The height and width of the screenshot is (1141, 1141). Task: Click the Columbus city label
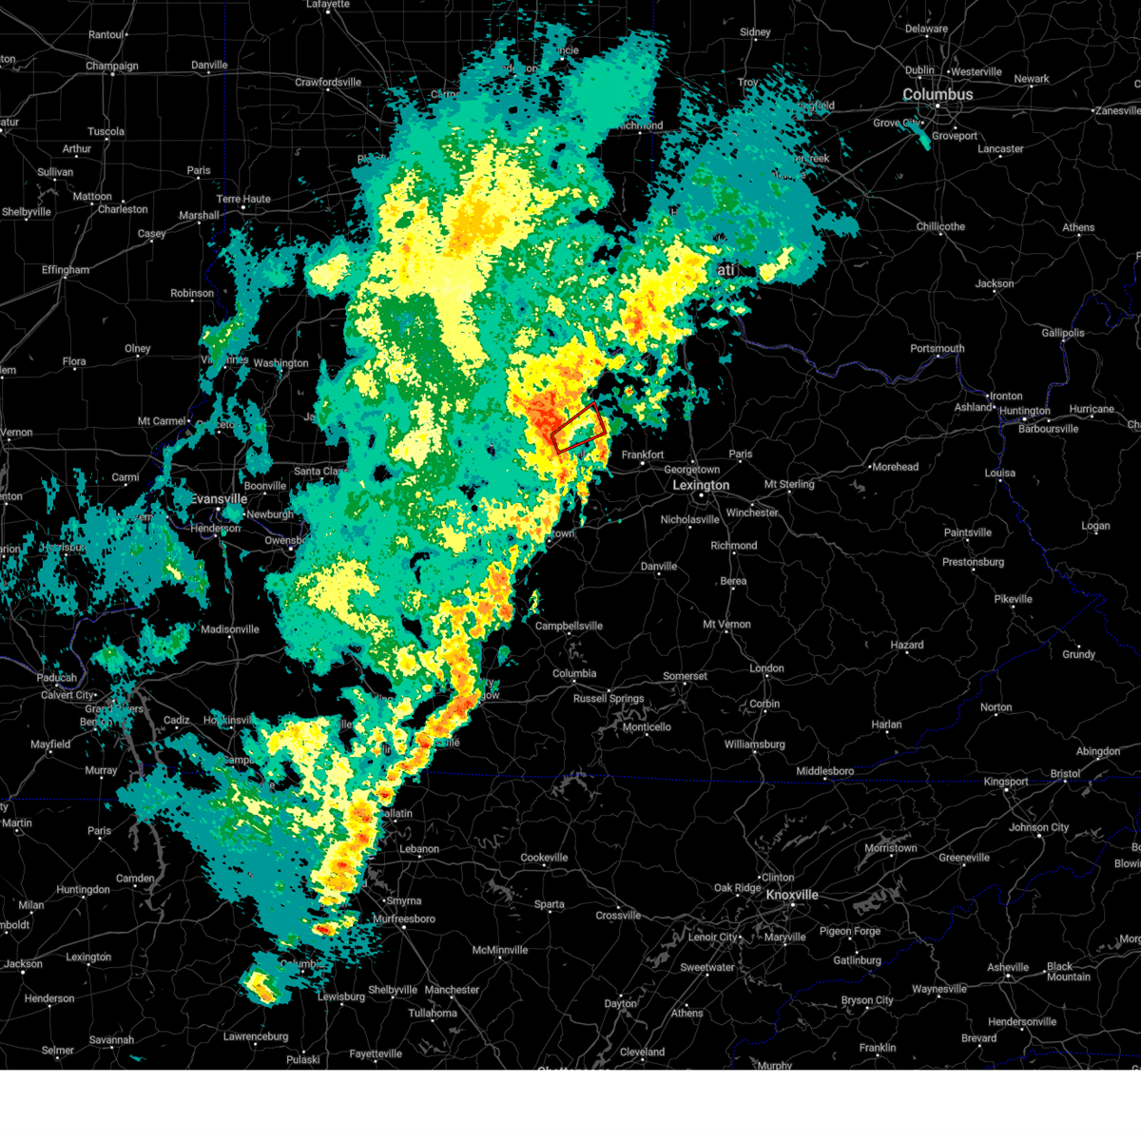pos(938,95)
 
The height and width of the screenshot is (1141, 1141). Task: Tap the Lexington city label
pos(701,485)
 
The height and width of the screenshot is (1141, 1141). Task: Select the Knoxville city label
pos(792,895)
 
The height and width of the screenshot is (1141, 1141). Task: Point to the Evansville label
pos(219,499)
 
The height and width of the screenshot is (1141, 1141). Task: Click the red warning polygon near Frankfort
pos(578,427)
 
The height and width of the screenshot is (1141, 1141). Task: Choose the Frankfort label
pos(643,454)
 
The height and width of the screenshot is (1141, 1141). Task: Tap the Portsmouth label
pos(938,348)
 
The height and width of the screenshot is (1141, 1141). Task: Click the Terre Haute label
pos(243,199)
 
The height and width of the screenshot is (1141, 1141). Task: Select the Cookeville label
pos(544,858)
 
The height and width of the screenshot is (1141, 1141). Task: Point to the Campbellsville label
pos(569,626)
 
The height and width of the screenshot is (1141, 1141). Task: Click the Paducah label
pos(57,678)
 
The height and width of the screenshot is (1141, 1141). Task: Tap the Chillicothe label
pos(940,226)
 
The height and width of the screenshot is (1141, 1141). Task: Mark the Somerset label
pos(685,676)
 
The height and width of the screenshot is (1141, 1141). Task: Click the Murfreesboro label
pos(404,919)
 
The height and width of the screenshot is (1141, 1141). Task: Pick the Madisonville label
pos(230,629)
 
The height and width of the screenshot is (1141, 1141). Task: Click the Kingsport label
pos(1006,782)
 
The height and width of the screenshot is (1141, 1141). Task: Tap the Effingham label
pos(66,270)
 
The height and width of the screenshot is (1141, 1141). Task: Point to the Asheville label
pos(1008,967)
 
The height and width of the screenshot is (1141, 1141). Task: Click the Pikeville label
pos(1013,599)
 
